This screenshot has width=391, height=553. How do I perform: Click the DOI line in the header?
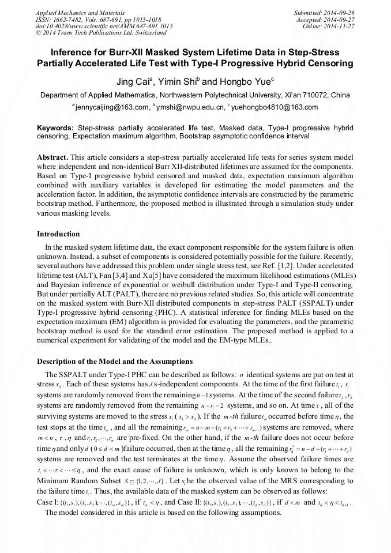coord(104,26)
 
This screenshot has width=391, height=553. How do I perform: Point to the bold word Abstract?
coord(53,157)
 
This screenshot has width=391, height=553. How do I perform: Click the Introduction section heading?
coord(58,234)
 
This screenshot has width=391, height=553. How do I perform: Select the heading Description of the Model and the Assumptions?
coord(115,362)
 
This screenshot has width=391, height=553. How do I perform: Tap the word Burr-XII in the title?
coord(127,52)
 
